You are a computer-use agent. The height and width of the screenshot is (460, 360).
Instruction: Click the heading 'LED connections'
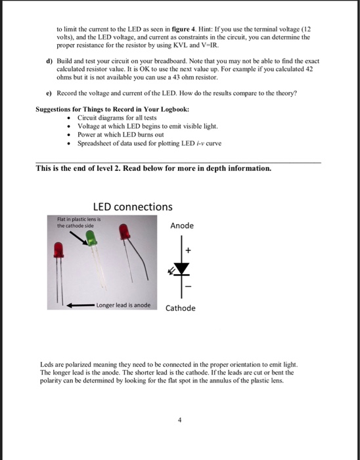(133, 207)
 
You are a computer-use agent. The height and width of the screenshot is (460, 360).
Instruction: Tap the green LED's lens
(91, 238)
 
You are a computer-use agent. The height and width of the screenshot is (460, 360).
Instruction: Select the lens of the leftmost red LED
(58, 250)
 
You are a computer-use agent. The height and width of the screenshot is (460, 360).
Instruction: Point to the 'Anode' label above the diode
(182, 225)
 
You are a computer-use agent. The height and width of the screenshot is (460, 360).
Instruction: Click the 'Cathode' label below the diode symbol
(180, 308)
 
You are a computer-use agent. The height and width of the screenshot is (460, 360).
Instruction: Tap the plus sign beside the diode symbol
(188, 250)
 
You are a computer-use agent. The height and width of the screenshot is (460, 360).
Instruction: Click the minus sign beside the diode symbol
(189, 286)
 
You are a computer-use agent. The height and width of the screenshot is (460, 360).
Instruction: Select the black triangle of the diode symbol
(181, 268)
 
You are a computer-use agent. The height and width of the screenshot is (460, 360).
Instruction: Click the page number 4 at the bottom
(180, 420)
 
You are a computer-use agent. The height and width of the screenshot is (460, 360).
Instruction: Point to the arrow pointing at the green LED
(79, 238)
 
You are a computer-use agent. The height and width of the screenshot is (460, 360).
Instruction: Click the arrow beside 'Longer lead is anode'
(81, 306)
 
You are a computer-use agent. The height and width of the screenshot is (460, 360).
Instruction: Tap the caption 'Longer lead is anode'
(123, 305)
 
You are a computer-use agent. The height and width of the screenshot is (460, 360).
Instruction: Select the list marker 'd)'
(49, 61)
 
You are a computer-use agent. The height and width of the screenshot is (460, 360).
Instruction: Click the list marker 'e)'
(49, 93)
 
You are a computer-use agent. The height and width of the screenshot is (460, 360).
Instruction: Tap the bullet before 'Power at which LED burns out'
(68, 135)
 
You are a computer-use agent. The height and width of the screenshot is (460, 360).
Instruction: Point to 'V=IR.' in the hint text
(210, 45)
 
